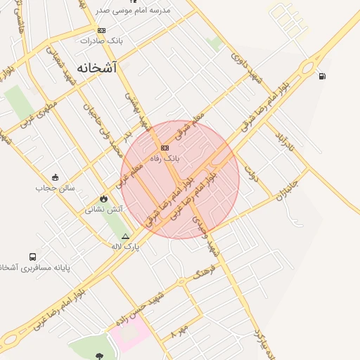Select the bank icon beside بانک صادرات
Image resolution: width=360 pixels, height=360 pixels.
coord(101,30)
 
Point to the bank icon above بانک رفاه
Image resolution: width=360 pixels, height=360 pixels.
coord(165,148)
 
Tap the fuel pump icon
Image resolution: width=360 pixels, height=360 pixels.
coord(322,76)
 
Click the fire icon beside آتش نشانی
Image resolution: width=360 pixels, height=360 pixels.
coord(104,199)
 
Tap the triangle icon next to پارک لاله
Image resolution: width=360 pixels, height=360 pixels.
coord(125,236)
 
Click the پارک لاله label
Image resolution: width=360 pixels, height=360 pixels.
coord(126,246)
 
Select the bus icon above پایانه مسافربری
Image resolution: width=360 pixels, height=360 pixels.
coord(33,257)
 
